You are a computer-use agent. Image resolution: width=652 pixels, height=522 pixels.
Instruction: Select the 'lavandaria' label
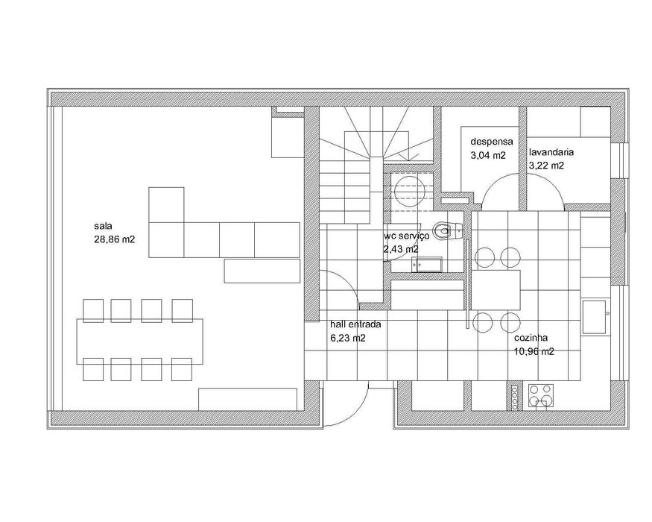(x=551, y=151)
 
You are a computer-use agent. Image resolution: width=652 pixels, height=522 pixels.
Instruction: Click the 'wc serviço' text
(x=407, y=235)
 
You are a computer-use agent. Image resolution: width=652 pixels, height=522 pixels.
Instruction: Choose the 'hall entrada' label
(x=356, y=325)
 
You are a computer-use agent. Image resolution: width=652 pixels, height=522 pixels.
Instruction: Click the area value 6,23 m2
(x=348, y=338)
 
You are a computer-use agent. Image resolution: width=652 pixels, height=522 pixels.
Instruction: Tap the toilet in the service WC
(x=446, y=230)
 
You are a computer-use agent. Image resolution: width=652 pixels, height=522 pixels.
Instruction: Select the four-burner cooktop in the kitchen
(x=542, y=394)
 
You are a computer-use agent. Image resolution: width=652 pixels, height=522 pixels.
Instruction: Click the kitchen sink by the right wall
(x=595, y=317)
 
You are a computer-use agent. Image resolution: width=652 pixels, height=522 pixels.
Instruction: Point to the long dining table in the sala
(x=139, y=341)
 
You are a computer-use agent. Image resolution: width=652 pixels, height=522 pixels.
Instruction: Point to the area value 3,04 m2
(x=488, y=156)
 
